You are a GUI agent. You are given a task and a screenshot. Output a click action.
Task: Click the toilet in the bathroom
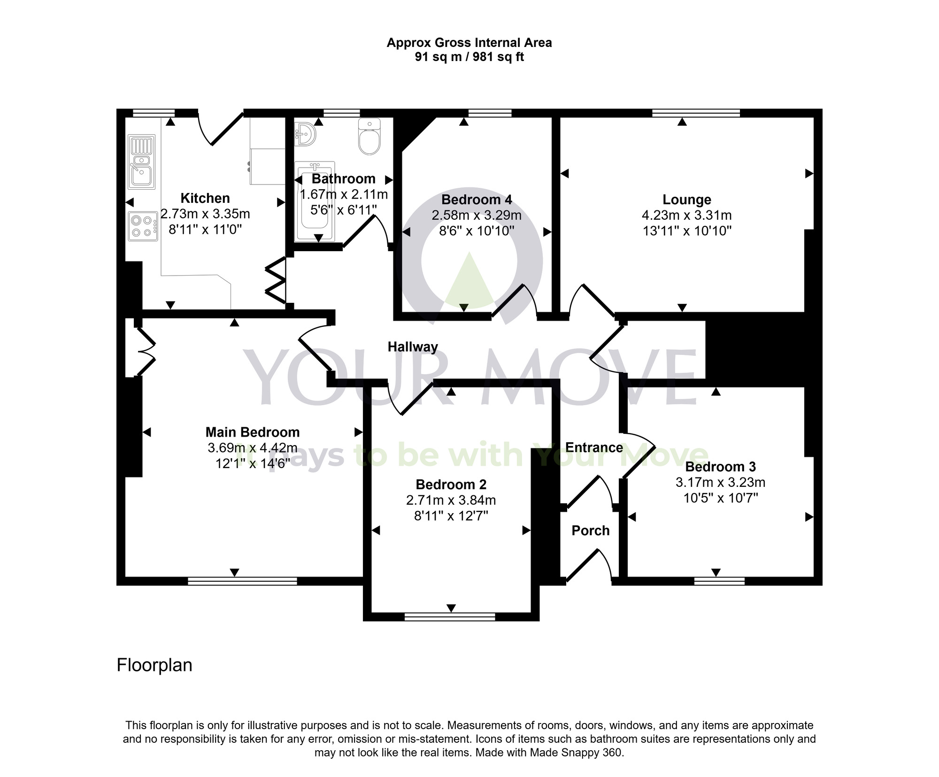(369, 137)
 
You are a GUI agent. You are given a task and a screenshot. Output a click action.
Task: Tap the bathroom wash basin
(305, 135)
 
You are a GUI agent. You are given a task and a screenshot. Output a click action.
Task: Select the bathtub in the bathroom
(315, 202)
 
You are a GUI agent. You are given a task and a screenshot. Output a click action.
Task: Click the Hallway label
(413, 347)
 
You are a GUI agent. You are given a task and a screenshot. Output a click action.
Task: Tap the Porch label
(591, 531)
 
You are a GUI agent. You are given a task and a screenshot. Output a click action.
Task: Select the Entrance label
(594, 447)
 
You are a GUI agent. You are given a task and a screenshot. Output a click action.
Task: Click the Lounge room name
(686, 200)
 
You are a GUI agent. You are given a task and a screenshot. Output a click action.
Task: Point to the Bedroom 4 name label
(477, 200)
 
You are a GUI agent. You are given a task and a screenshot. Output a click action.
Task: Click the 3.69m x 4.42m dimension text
(253, 448)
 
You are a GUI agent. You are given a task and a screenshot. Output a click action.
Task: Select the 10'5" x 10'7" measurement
(721, 498)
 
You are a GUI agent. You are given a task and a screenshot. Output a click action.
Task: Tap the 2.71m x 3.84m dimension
(451, 500)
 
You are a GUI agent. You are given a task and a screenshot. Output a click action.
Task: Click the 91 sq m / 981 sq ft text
(469, 57)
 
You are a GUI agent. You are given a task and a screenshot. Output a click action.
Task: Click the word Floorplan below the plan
(154, 665)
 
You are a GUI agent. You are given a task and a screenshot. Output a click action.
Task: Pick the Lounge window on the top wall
(696, 113)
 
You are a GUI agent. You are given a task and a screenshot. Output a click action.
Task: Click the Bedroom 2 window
(450, 616)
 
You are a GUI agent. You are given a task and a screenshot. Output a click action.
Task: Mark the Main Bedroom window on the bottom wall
(242, 581)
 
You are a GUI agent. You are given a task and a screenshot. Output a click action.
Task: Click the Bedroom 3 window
(719, 581)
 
